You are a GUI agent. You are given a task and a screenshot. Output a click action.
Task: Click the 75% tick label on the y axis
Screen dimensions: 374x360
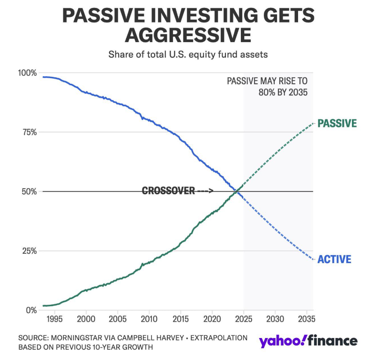click(30, 132)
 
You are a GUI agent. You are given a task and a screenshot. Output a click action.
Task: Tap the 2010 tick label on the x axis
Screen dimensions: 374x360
click(149, 319)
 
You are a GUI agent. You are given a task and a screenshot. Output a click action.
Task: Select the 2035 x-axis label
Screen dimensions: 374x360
click(307, 319)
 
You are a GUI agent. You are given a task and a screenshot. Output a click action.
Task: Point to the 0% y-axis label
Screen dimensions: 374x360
click(31, 310)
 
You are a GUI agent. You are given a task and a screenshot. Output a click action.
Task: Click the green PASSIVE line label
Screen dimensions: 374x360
click(337, 124)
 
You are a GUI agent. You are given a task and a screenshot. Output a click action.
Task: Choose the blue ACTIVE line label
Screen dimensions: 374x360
click(335, 259)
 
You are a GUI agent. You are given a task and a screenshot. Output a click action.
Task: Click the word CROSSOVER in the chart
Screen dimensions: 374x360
click(168, 191)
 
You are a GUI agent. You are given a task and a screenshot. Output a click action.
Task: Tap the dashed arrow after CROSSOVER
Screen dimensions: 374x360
click(205, 191)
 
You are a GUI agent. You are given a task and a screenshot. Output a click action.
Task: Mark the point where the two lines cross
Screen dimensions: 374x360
click(236, 191)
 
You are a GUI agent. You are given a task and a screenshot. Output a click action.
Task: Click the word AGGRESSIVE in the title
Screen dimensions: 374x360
click(188, 35)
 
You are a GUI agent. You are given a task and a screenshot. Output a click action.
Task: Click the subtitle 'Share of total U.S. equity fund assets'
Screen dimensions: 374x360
click(188, 55)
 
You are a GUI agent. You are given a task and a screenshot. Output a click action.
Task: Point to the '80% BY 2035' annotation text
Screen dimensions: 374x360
click(283, 92)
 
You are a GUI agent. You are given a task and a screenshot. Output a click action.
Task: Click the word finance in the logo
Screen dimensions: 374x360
click(332, 341)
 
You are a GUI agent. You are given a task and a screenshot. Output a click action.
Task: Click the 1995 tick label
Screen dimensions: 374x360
click(55, 319)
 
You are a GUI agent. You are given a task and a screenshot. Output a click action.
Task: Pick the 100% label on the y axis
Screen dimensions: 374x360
click(28, 73)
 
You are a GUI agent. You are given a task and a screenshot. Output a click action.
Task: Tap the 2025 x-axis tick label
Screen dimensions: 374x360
click(244, 319)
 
